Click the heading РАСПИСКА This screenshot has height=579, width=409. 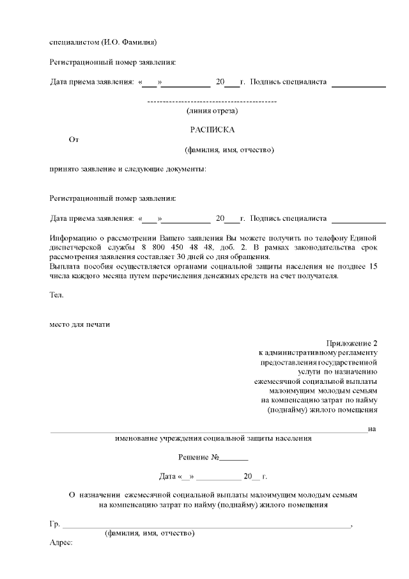click(212, 129)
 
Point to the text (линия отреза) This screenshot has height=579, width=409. click(212, 111)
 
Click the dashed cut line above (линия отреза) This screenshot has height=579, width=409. click(212, 102)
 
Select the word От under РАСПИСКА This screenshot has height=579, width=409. click(73, 139)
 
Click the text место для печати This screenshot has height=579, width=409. click(80, 324)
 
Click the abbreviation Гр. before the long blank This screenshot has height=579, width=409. click(54, 524)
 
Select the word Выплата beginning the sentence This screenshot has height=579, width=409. click(66, 266)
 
